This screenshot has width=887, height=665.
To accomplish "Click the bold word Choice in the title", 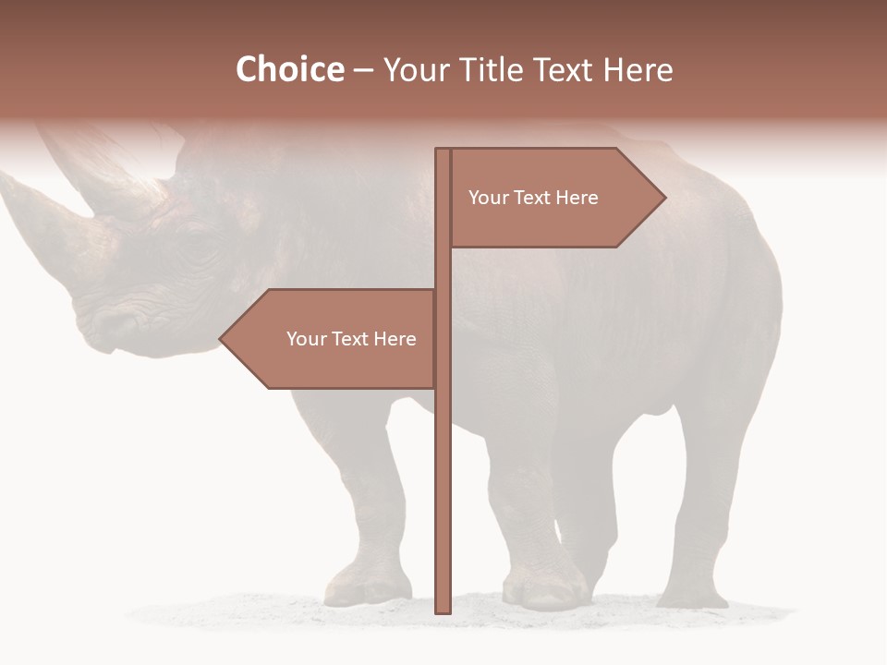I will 289,69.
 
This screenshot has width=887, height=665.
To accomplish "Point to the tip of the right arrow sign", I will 663,198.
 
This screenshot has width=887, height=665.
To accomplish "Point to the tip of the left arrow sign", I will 221,339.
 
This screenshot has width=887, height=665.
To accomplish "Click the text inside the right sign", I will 533,198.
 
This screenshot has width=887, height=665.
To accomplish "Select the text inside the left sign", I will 351,339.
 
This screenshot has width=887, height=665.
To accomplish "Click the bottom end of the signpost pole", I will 443,610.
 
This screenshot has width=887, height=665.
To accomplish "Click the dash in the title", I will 363,70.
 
